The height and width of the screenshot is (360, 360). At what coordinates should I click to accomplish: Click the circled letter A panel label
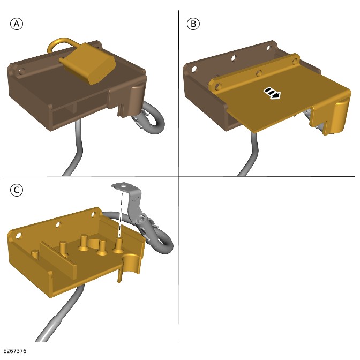(x=17, y=24)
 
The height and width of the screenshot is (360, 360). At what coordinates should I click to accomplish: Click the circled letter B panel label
(x=193, y=24)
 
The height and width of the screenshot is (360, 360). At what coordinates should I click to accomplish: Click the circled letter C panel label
(x=17, y=190)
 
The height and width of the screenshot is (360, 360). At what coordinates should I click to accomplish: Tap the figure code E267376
(x=15, y=351)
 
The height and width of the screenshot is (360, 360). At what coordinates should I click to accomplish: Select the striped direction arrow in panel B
(x=272, y=93)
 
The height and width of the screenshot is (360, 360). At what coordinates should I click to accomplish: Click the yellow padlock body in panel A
(x=88, y=63)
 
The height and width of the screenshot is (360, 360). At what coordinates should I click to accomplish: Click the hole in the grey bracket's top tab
(x=123, y=185)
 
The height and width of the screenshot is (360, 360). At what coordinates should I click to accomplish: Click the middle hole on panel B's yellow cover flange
(x=259, y=73)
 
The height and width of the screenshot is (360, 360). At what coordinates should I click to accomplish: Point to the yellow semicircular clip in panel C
(x=132, y=264)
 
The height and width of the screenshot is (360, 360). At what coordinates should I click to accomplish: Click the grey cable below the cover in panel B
(x=249, y=154)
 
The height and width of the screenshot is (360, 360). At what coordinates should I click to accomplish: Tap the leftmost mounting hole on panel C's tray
(x=18, y=236)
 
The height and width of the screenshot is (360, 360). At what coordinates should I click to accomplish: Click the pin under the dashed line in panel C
(x=119, y=246)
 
